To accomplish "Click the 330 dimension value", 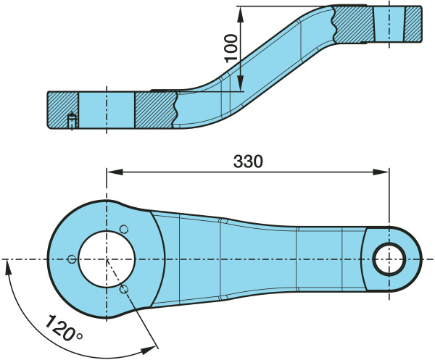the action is click(248, 162).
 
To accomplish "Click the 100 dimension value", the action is click(231, 49).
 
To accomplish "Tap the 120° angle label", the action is click(64, 328).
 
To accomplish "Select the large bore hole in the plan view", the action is click(107, 259).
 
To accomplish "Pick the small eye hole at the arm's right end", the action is click(389, 259).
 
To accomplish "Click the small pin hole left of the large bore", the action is click(72, 259).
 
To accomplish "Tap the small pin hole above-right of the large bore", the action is click(124, 229).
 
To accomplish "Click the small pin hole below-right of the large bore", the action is click(124, 290).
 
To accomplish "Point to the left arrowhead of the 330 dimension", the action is click(115, 172).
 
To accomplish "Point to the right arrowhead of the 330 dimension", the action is click(381, 172).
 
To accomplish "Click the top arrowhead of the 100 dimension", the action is click(241, 14).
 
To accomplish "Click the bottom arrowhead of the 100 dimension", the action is click(241, 83).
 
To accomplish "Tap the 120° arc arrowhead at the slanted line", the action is click(148, 351).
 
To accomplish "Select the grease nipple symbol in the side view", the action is click(72, 120).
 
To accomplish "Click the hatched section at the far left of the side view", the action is click(63, 110).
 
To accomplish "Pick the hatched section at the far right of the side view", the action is click(413, 24).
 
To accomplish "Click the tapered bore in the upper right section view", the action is click(389, 24).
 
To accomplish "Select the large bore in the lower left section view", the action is click(107, 110).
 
